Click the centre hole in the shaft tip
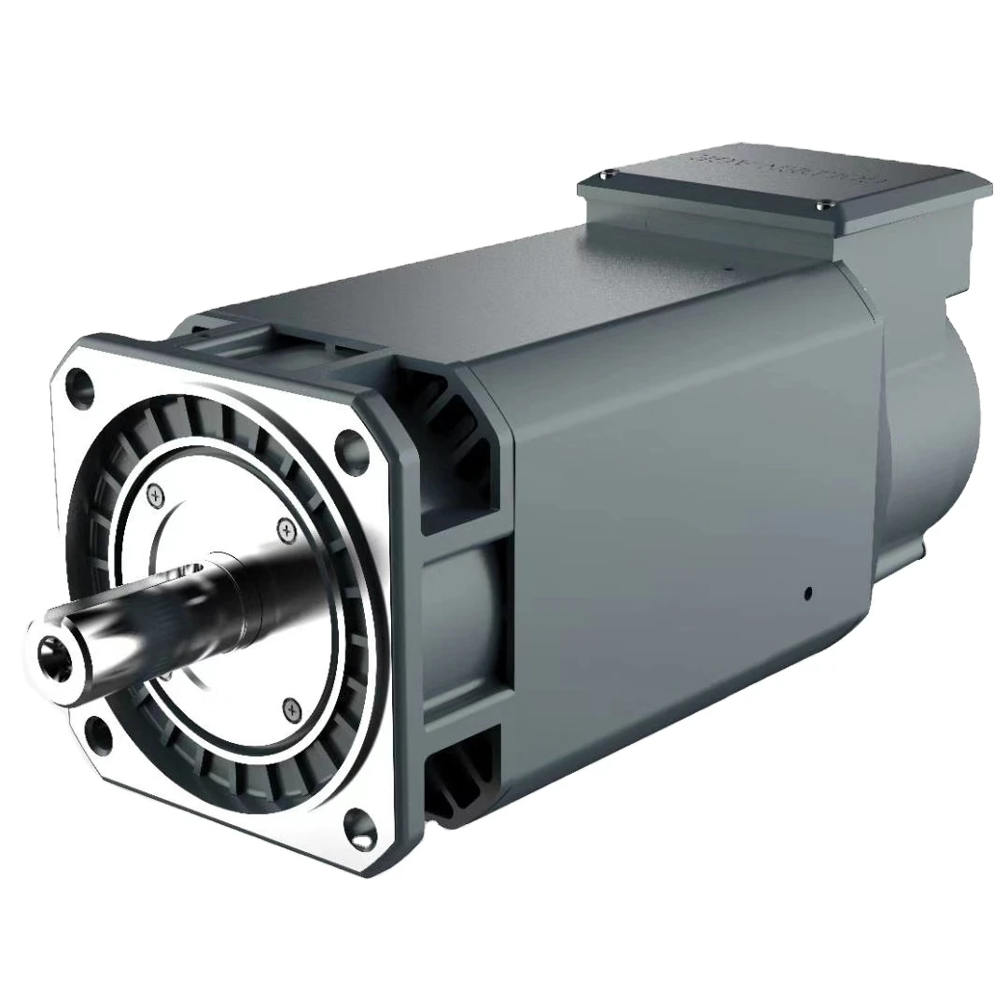click(x=46, y=647)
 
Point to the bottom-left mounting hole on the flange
click(x=96, y=728)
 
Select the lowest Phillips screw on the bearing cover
click(x=291, y=710)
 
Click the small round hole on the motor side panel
click(x=807, y=592)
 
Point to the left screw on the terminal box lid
click(x=609, y=175)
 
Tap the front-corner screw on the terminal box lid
click(x=823, y=205)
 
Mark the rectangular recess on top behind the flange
click(x=280, y=336)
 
